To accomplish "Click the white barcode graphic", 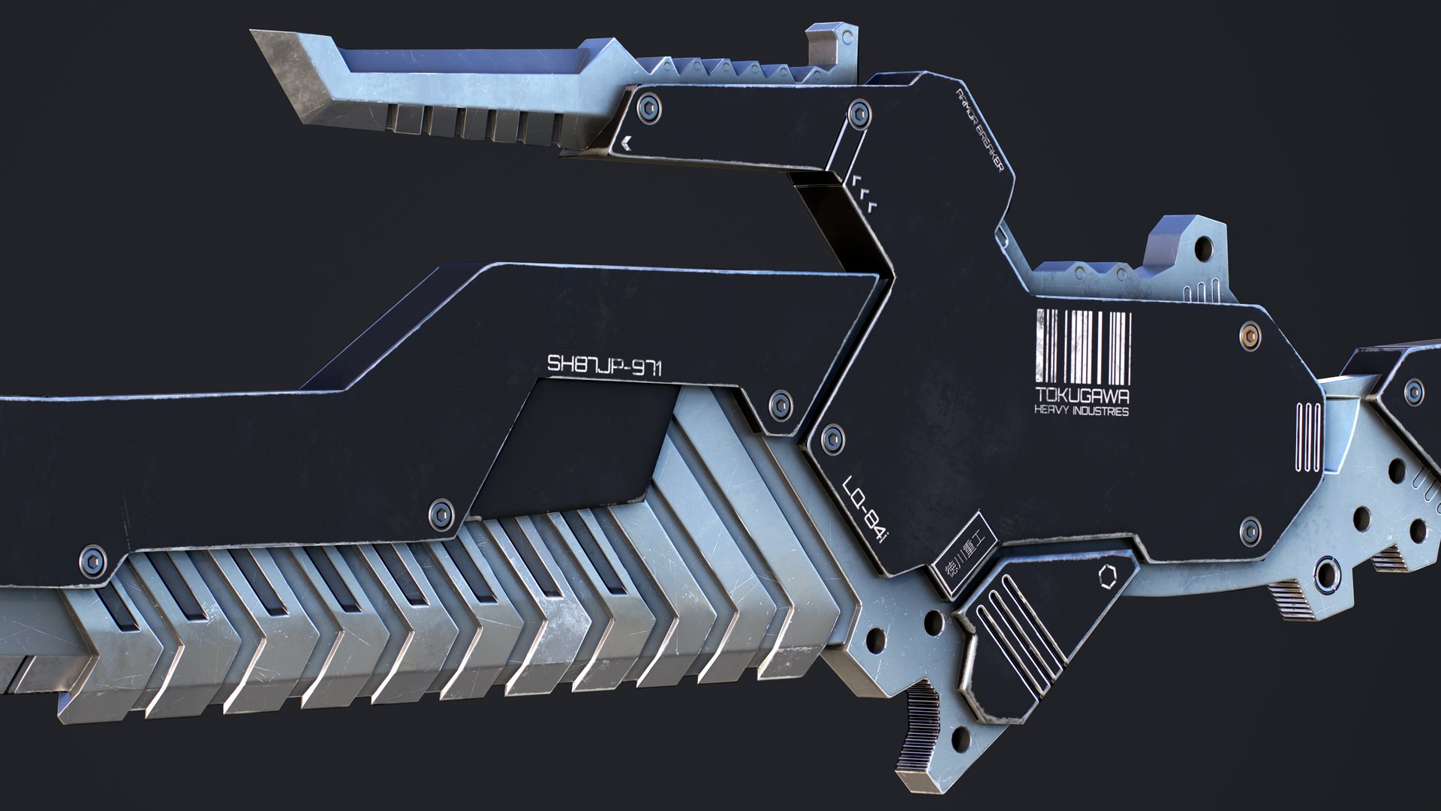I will tap(1083, 347).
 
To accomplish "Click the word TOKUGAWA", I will tap(1082, 395).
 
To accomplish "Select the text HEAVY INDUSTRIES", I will tap(1081, 411).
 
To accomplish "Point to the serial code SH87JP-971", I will tap(604, 366).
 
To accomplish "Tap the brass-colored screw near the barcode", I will tap(1250, 335).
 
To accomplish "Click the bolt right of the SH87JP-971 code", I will tap(781, 405).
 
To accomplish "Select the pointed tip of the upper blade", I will tap(259, 35).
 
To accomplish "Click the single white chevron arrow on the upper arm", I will tap(627, 142).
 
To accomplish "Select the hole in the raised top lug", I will tap(1203, 246).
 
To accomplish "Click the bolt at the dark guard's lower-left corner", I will tap(93, 561).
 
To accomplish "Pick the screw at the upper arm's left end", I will tap(649, 107).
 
